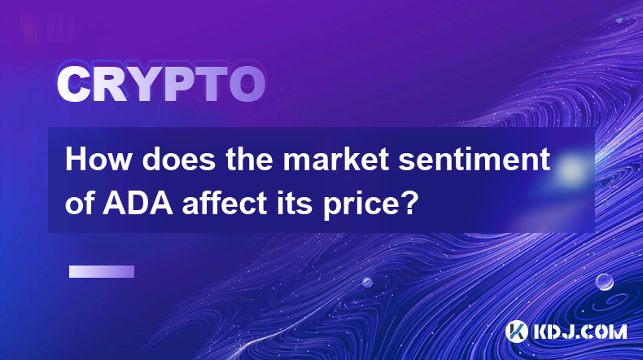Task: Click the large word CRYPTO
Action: click(161, 85)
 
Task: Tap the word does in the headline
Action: click(179, 160)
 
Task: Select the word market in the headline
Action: click(336, 160)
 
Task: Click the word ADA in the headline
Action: click(138, 203)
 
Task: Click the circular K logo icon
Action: click(516, 331)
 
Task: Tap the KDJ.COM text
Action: click(580, 331)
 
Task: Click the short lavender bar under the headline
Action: click(102, 272)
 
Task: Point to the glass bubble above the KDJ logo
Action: click(604, 282)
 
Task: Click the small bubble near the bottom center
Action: click(367, 282)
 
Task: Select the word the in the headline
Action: click(249, 160)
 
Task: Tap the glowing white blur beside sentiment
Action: click(571, 169)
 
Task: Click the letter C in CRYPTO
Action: click(73, 85)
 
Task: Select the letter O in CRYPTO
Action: click(247, 85)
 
